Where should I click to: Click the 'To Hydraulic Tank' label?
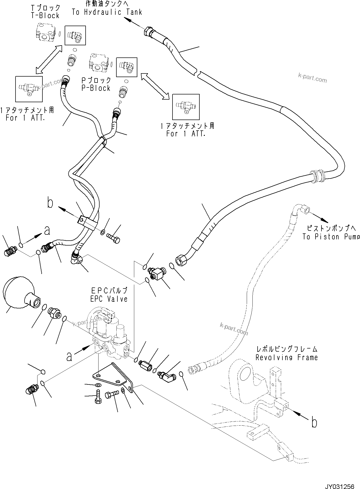(107, 12)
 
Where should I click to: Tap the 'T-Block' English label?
(45, 16)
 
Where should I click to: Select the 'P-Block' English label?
(96, 88)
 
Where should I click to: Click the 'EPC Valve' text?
(109, 299)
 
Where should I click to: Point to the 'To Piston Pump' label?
(331, 237)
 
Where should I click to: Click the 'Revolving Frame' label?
(287, 358)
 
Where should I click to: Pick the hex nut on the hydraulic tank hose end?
(148, 32)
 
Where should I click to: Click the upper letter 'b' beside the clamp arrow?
(50, 203)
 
